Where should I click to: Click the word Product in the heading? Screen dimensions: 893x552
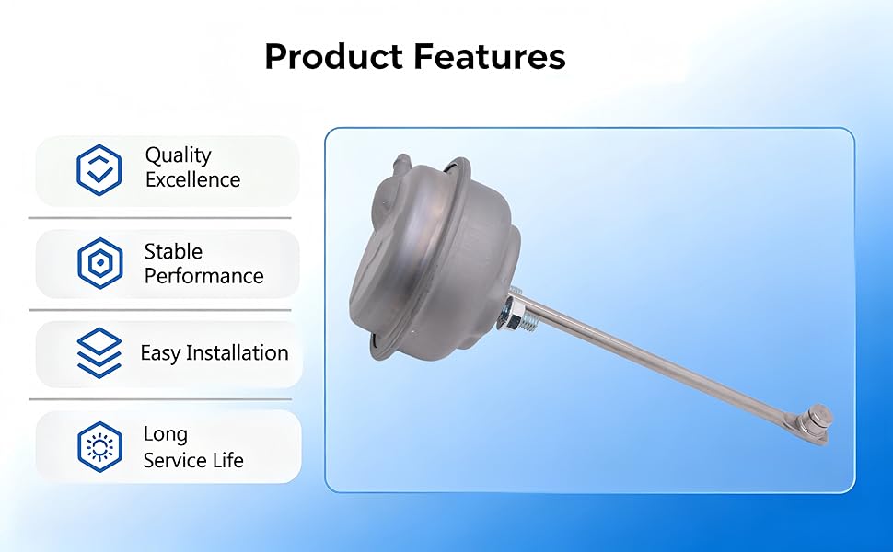[334, 56]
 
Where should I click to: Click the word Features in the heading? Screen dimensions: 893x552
[490, 56]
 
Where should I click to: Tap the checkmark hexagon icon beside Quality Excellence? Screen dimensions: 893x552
[99, 170]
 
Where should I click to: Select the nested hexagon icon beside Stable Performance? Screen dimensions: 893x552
[99, 263]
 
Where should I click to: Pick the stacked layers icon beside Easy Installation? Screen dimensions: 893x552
[99, 353]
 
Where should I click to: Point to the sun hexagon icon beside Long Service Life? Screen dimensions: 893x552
[99, 447]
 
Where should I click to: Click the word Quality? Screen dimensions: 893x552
[179, 155]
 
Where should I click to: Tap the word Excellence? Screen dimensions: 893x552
[193, 179]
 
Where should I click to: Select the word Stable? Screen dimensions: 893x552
[173, 251]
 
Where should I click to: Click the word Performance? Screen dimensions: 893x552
[203, 276]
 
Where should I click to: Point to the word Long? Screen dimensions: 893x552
[165, 435]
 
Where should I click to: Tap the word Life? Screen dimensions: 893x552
[227, 460]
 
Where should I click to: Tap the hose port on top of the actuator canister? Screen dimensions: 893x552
[401, 164]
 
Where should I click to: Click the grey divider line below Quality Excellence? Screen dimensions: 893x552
[159, 217]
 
